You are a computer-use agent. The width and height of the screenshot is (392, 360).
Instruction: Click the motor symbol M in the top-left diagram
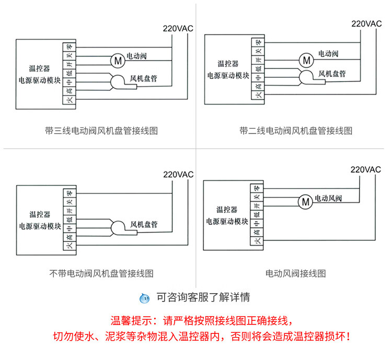click(117, 60)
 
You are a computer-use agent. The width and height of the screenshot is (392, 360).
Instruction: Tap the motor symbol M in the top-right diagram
click(306, 59)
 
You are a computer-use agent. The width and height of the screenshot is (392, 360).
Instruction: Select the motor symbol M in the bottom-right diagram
click(305, 201)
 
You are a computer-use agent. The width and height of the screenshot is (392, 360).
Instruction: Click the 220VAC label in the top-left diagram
click(178, 28)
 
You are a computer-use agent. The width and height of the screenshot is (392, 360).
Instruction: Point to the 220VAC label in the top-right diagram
click(366, 24)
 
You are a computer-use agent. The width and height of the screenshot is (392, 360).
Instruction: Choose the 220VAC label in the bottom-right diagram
click(366, 170)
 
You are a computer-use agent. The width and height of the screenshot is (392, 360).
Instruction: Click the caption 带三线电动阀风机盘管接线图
click(101, 131)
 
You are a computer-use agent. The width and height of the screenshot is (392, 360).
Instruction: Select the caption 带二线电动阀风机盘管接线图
click(296, 131)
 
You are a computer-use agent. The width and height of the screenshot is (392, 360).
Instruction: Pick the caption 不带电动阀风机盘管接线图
click(101, 273)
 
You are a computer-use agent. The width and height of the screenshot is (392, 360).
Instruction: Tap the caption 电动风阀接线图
click(296, 273)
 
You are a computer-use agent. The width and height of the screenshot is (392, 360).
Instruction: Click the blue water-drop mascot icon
click(144, 298)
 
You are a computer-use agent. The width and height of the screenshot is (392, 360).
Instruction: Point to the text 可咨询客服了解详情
click(203, 298)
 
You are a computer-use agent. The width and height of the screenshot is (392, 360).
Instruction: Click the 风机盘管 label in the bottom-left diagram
click(144, 224)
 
